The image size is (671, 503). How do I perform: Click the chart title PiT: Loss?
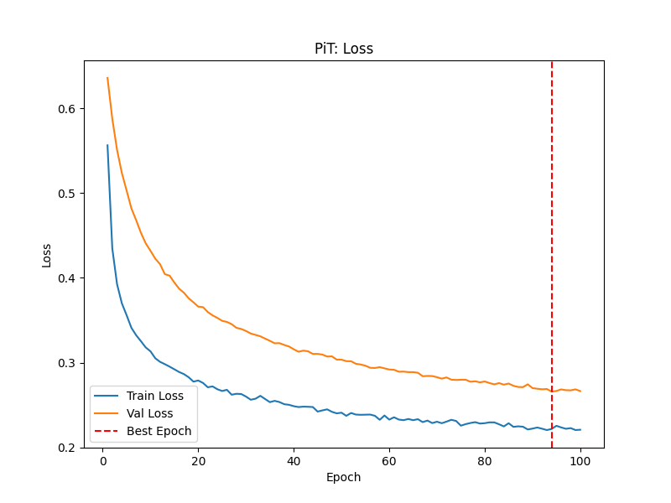click(x=343, y=49)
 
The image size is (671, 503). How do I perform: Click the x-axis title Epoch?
click(x=343, y=477)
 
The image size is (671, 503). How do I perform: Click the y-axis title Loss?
click(x=47, y=254)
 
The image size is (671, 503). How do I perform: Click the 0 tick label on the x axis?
click(x=103, y=460)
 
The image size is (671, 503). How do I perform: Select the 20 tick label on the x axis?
click(x=198, y=460)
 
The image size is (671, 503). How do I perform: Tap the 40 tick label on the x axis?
click(x=294, y=460)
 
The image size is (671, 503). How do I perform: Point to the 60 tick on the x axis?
click(x=389, y=460)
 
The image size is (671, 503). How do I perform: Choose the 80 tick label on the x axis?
click(x=485, y=460)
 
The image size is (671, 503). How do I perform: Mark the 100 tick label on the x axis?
click(x=580, y=460)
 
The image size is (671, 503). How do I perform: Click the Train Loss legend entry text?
click(x=156, y=395)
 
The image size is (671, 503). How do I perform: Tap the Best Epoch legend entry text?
click(x=159, y=432)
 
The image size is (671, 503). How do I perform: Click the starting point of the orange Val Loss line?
click(x=107, y=78)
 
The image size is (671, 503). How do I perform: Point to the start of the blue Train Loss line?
click(x=107, y=145)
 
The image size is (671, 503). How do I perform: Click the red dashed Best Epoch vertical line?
click(x=552, y=251)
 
